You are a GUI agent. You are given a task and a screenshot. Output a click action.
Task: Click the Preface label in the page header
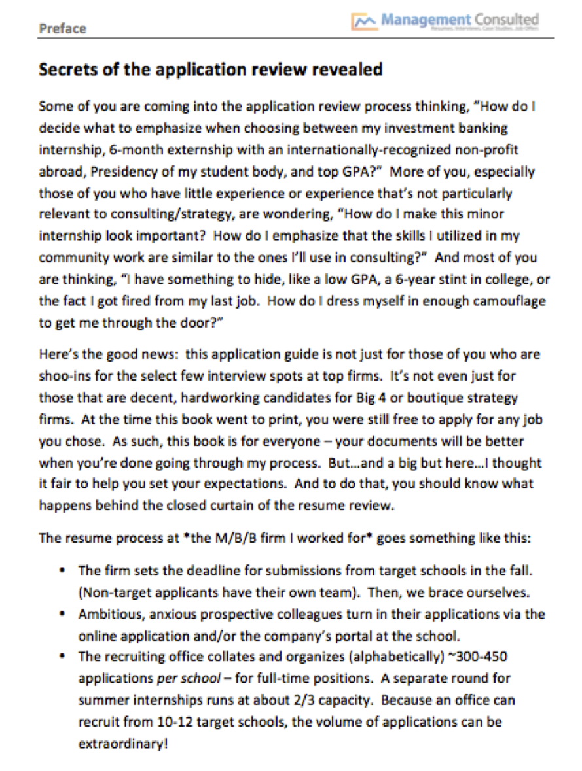62,29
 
